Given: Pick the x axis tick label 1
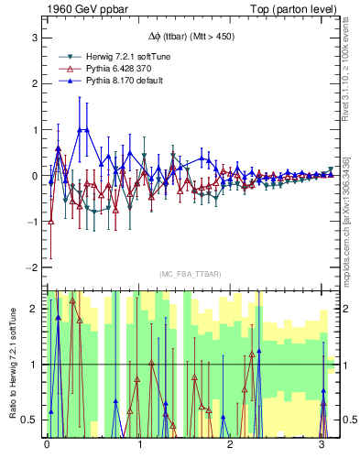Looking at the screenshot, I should [139, 446].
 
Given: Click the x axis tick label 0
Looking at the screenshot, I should [47, 446].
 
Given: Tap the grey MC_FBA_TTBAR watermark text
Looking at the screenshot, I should [188, 275].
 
